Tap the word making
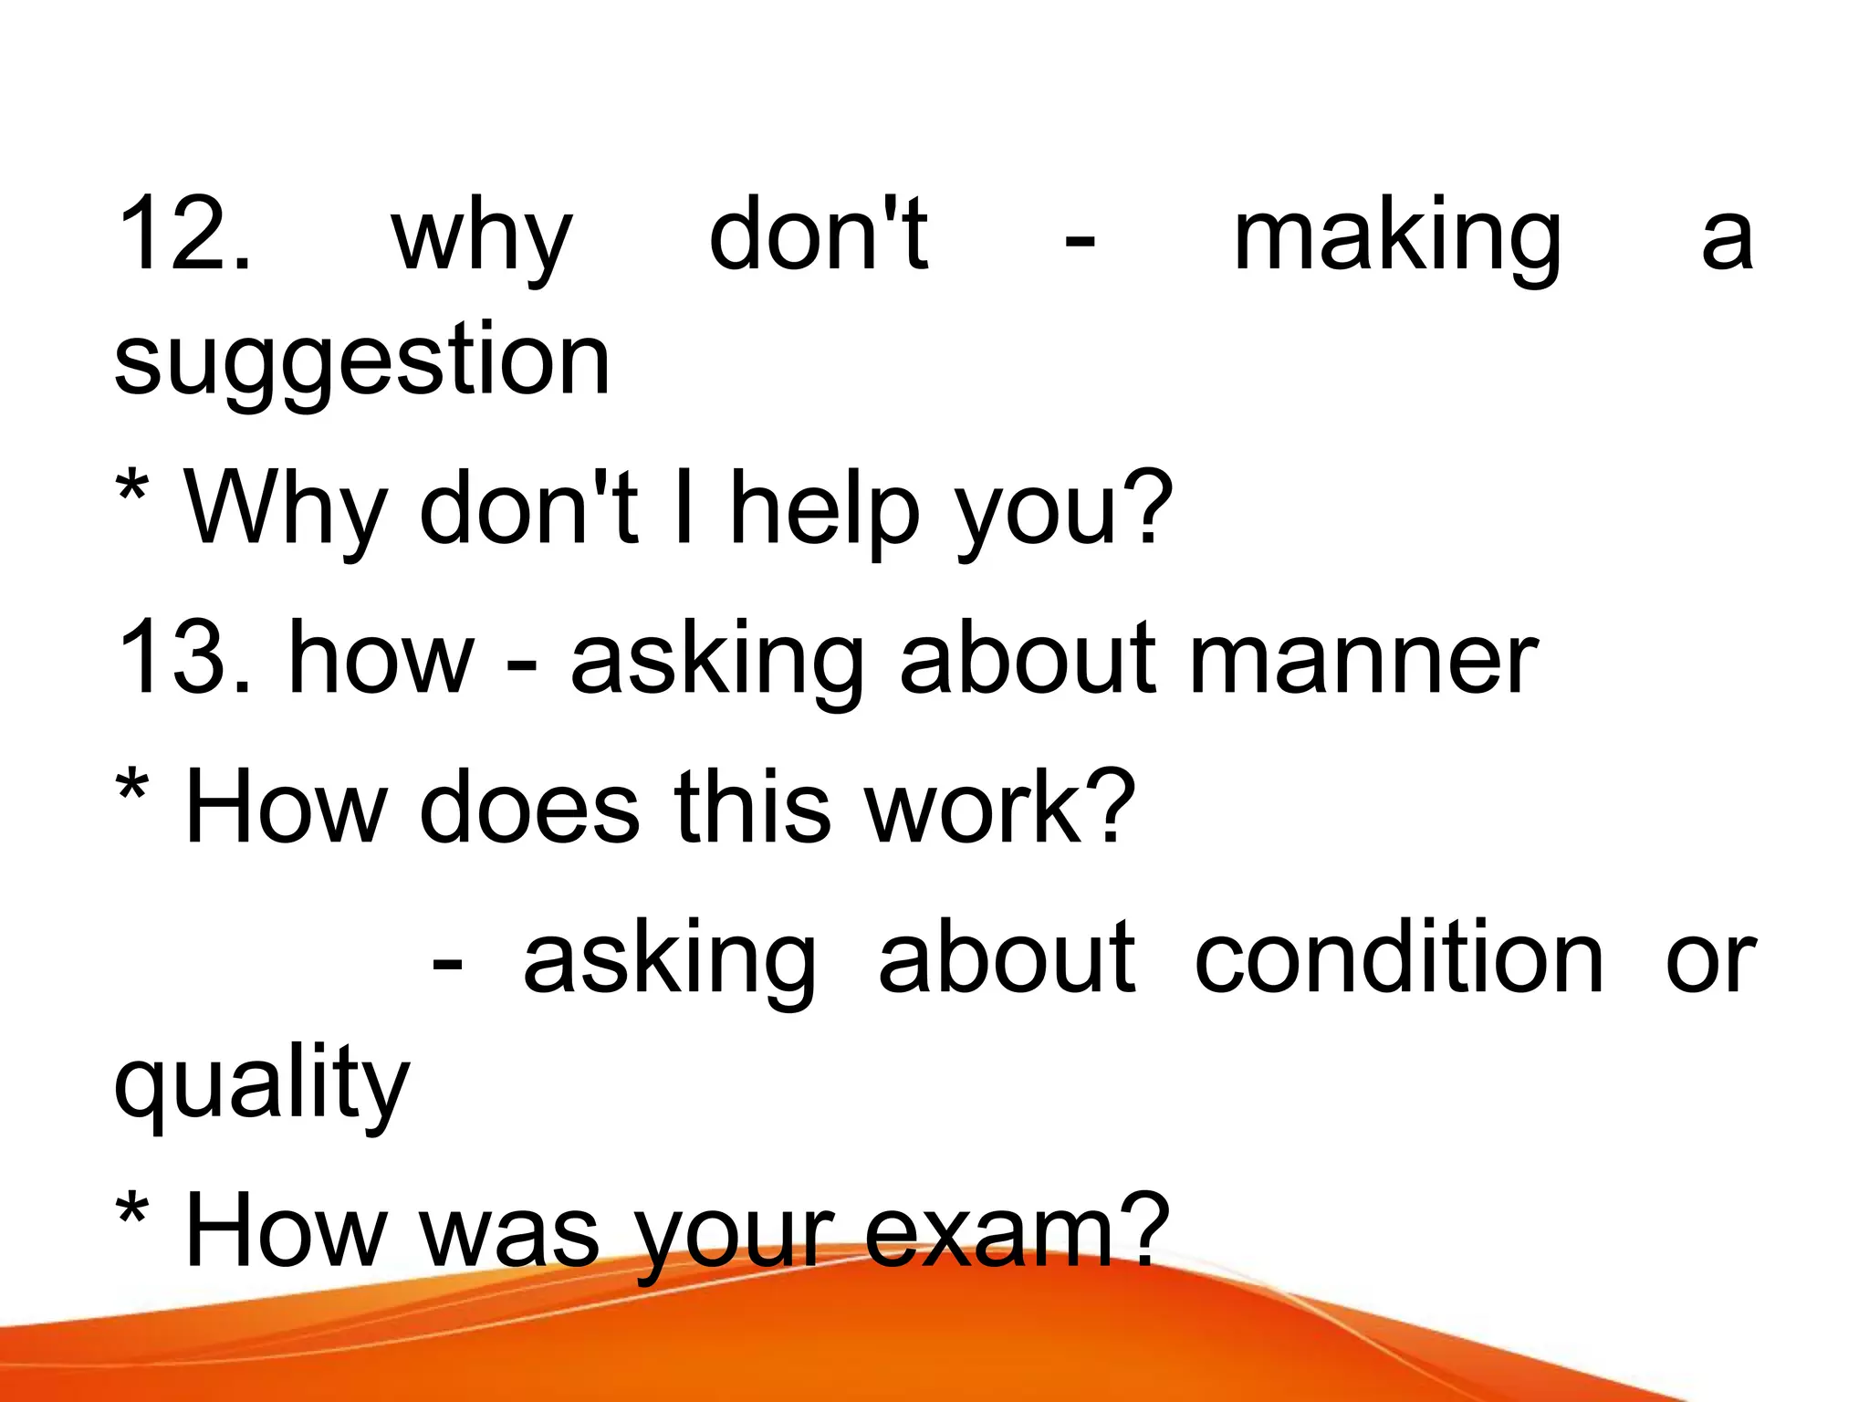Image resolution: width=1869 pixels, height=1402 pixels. (1397, 237)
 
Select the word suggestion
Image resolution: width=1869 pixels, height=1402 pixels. (361, 361)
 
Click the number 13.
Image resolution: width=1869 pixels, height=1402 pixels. (183, 657)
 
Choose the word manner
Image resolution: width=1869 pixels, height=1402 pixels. (1364, 659)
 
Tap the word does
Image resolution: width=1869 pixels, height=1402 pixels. (529, 807)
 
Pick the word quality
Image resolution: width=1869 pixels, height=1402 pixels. (262, 1084)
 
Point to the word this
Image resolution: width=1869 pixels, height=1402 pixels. (753, 807)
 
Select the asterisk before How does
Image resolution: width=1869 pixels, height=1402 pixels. (133, 790)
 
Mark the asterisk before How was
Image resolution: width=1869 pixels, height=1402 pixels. (133, 1214)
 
